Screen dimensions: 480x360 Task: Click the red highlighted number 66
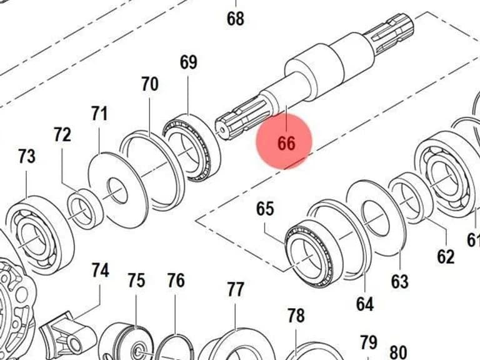click(x=286, y=143)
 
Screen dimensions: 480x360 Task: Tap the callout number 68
click(x=236, y=18)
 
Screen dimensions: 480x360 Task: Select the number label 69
click(x=188, y=62)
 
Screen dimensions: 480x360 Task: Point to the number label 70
click(x=150, y=84)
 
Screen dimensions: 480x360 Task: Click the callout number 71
click(x=100, y=114)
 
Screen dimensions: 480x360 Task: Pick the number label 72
click(x=62, y=135)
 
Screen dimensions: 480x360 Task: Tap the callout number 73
click(x=27, y=156)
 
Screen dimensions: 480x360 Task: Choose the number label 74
click(x=101, y=271)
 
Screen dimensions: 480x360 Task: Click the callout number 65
click(x=265, y=209)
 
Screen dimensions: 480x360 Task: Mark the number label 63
click(x=400, y=281)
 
